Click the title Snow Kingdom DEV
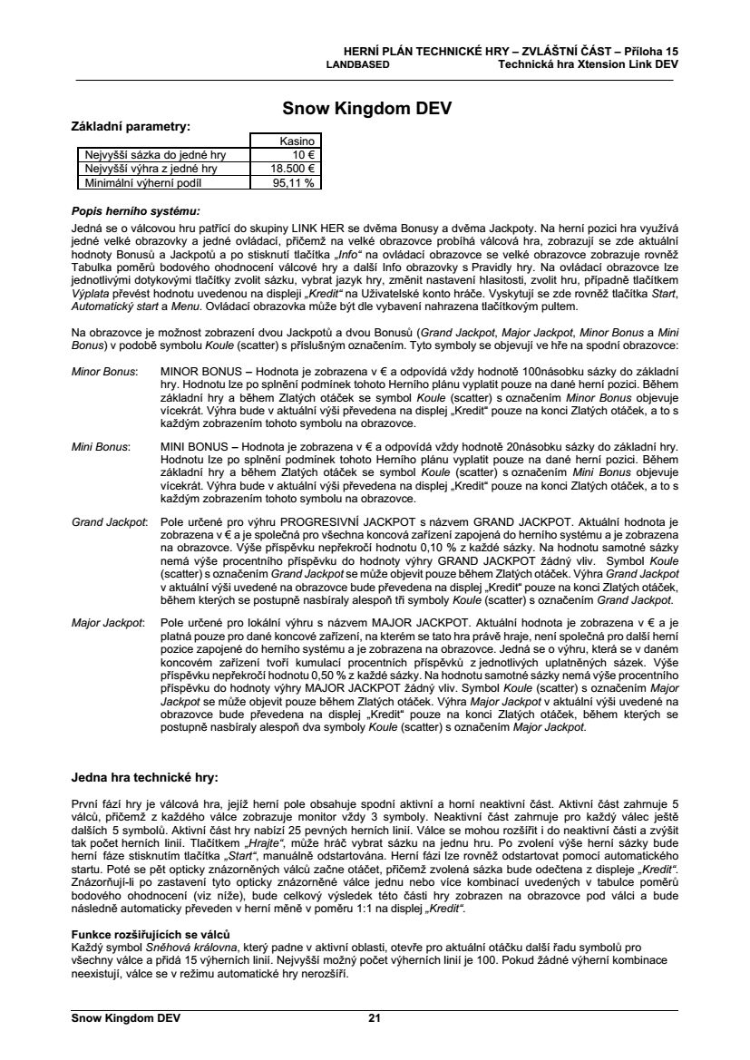tap(367, 110)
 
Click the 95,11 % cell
tap(294, 182)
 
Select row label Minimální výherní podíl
tap(145, 182)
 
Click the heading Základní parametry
tap(131, 126)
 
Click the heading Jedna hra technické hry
tap(145, 777)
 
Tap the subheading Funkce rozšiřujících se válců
tap(151, 934)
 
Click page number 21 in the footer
tap(374, 1018)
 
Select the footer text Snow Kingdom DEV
tap(126, 1018)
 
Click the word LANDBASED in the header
tap(357, 65)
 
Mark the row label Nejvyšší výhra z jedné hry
tap(151, 169)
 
